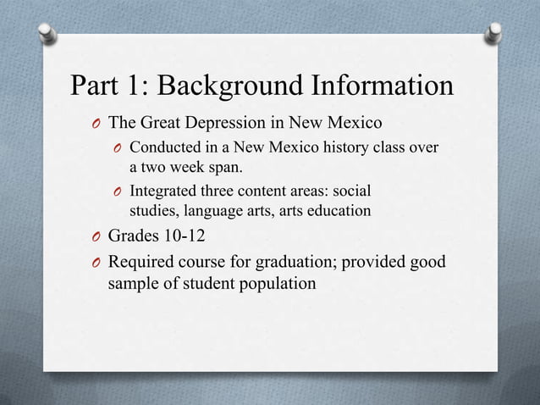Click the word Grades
(x=135, y=234)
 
